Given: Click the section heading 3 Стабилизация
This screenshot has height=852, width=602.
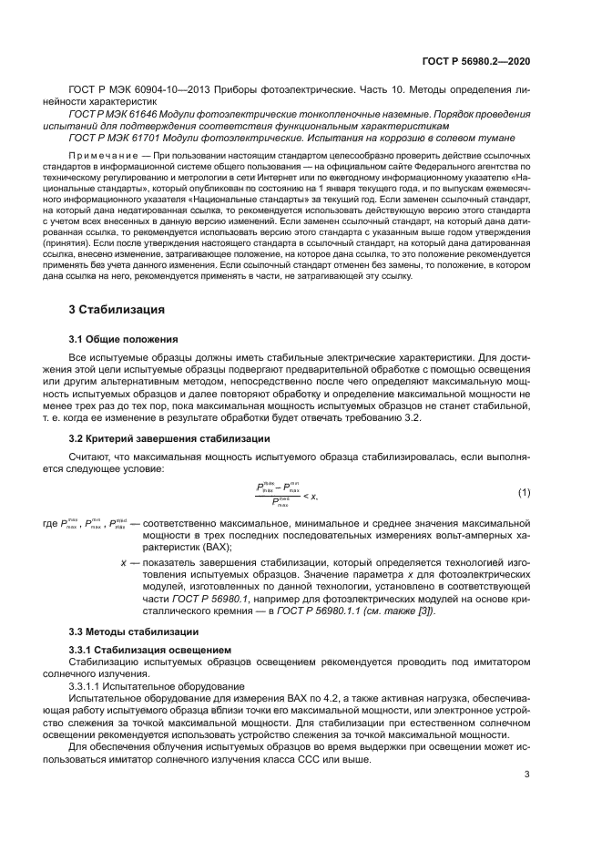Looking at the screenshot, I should coord(117,309).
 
